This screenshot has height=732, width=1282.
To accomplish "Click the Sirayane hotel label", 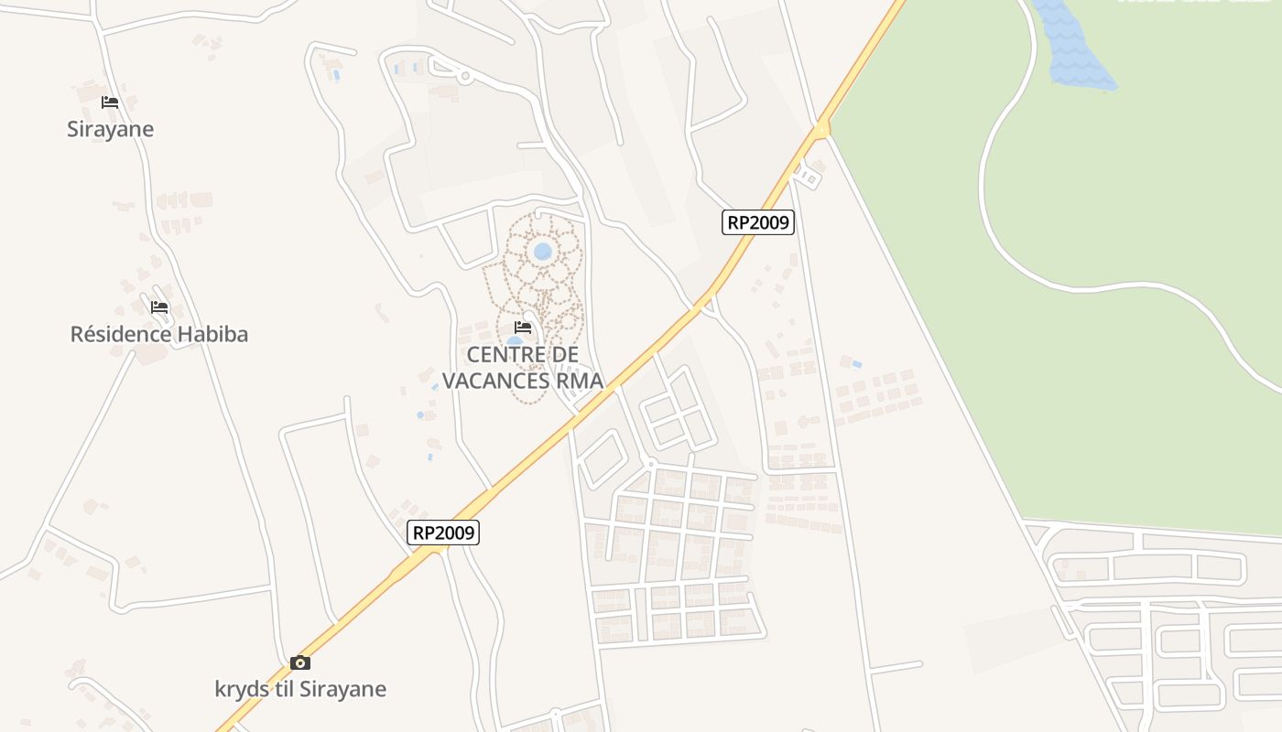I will pyautogui.click(x=110, y=129).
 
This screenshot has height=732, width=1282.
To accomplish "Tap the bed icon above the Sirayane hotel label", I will pyautogui.click(x=110, y=102).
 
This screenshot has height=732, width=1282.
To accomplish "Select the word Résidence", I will pyautogui.click(x=121, y=334).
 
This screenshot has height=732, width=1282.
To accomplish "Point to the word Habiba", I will pyautogui.click(x=212, y=334).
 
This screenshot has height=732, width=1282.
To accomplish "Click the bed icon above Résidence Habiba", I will pyautogui.click(x=159, y=307).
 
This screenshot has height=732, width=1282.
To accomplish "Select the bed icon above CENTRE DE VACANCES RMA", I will pyautogui.click(x=523, y=327).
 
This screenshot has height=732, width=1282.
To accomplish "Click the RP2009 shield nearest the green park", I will pyautogui.click(x=757, y=221).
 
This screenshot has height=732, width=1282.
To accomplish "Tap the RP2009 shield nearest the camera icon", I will pyautogui.click(x=443, y=532).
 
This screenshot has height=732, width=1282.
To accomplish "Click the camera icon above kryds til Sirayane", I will pyautogui.click(x=300, y=662).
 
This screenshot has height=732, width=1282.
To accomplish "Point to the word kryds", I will pyautogui.click(x=240, y=689).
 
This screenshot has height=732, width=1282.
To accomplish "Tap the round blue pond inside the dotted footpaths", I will pyautogui.click(x=542, y=251).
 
